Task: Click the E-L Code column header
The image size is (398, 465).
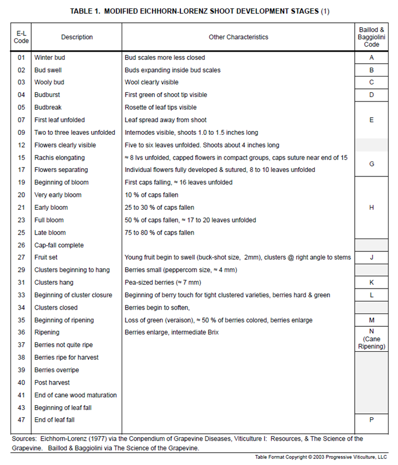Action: (x=21, y=37)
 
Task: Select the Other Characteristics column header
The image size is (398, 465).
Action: (x=238, y=37)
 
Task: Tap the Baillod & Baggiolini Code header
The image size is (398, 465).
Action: (x=371, y=37)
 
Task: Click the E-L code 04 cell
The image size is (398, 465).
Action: (x=21, y=95)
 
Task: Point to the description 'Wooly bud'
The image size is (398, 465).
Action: (x=49, y=83)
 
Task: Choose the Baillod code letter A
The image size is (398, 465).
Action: (x=371, y=58)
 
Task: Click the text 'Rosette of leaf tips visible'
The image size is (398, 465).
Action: (x=160, y=108)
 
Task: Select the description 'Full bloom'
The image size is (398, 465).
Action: (x=49, y=220)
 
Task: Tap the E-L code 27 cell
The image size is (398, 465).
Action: (x=21, y=257)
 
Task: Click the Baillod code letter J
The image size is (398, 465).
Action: (x=371, y=257)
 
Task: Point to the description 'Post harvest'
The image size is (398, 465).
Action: (x=53, y=383)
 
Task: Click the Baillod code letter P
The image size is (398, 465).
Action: (x=371, y=420)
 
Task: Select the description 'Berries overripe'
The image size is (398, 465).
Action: (x=57, y=370)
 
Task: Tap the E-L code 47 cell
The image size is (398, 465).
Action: (x=21, y=420)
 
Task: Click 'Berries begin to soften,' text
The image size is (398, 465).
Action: (x=158, y=307)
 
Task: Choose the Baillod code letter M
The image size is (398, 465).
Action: (x=371, y=320)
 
